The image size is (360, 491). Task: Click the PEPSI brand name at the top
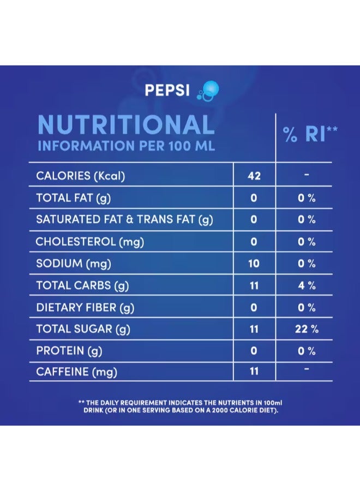pyautogui.click(x=167, y=89)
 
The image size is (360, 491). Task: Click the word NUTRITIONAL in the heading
pyautogui.click(x=125, y=124)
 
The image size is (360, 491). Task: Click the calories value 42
pyautogui.click(x=254, y=176)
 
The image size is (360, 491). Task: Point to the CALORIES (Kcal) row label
pyautogui.click(x=81, y=176)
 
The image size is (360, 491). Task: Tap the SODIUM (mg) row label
pyautogui.click(x=74, y=264)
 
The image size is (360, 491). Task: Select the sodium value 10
pyautogui.click(x=254, y=264)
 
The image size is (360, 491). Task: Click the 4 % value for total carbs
pyautogui.click(x=307, y=285)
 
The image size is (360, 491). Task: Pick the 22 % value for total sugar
pyautogui.click(x=307, y=329)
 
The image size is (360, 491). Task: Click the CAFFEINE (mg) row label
pyautogui.click(x=77, y=373)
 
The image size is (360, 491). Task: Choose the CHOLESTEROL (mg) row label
pyautogui.click(x=90, y=241)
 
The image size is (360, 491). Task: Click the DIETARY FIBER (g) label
pyautogui.click(x=85, y=307)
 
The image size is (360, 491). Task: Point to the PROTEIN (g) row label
pyautogui.click(x=69, y=351)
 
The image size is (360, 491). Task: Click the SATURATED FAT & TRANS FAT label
pyautogui.click(x=124, y=219)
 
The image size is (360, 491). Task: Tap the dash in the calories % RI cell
pyautogui.click(x=307, y=175)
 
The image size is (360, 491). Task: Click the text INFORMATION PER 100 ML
pyautogui.click(x=126, y=146)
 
